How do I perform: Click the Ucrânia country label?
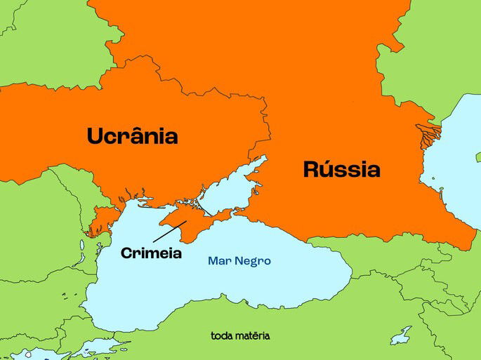(x=132, y=136)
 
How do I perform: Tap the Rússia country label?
(x=341, y=169)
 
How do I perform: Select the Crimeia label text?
(x=151, y=253)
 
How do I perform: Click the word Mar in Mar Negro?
(x=218, y=261)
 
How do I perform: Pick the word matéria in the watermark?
(x=253, y=335)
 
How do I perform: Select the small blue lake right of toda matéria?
(x=401, y=336)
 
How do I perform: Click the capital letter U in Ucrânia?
(x=95, y=136)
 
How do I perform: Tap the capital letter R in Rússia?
(x=312, y=169)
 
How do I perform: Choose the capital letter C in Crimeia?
(x=127, y=253)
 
